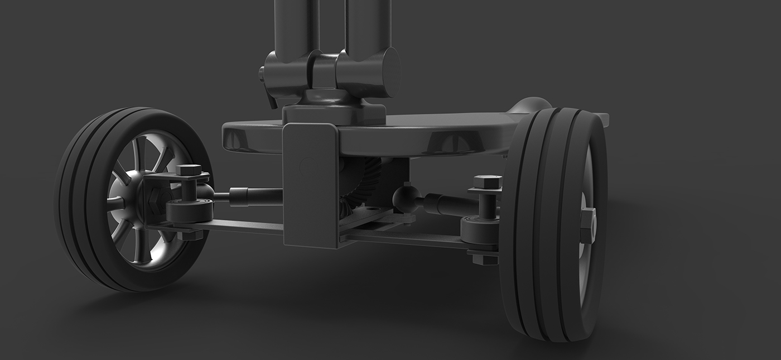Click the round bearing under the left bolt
(x=190, y=210)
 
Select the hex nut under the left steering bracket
(x=190, y=235)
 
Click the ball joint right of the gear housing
(x=406, y=199)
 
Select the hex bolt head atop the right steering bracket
(x=487, y=182)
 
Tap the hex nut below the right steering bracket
(x=484, y=258)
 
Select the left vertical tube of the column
(x=296, y=25)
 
